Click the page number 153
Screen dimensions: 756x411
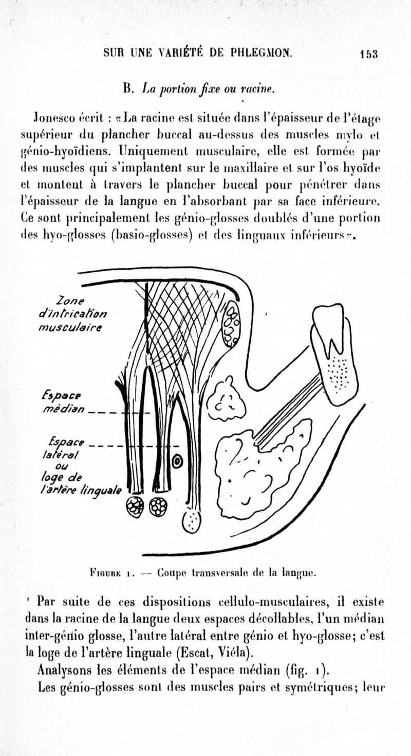tap(369, 53)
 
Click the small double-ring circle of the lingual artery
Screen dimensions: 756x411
tap(177, 462)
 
